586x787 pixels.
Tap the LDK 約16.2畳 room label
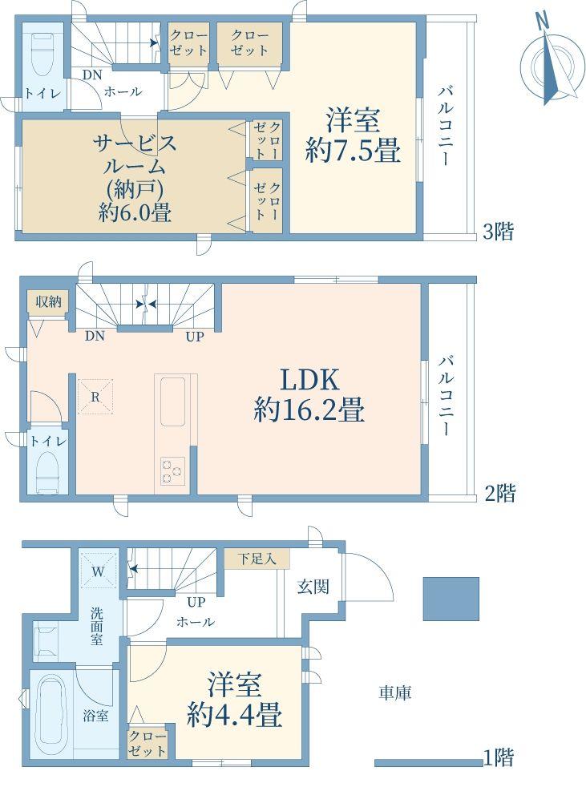(x=309, y=395)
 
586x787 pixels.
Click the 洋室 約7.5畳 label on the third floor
(x=353, y=135)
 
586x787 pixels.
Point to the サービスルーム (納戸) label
(x=135, y=178)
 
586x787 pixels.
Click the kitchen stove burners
(x=172, y=471)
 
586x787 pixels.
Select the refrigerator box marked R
(x=95, y=397)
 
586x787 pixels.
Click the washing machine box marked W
(x=98, y=570)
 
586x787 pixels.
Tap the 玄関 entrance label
(x=313, y=586)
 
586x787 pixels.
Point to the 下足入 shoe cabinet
(x=257, y=559)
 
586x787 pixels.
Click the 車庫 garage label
(x=394, y=693)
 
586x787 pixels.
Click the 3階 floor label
(x=498, y=232)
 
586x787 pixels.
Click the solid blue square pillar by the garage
(x=451, y=599)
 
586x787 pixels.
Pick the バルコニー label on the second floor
(x=446, y=396)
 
